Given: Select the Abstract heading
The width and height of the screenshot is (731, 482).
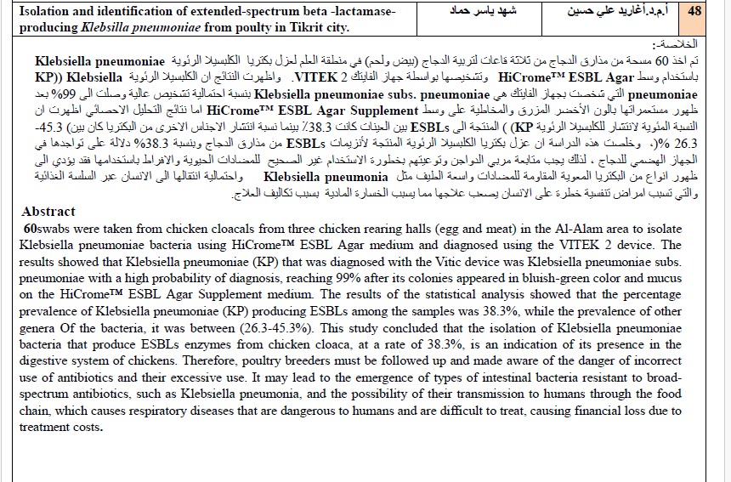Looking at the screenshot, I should point(48,212).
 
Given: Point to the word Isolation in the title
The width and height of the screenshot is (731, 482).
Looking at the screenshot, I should point(47,12).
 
